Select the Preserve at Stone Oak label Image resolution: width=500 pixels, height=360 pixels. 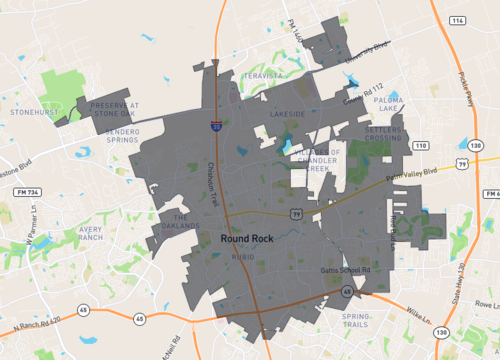(x=115, y=109)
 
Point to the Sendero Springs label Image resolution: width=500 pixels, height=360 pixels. (x=136, y=137)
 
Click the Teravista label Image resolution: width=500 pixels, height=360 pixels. (x=258, y=73)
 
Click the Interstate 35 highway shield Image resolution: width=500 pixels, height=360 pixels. (x=217, y=127)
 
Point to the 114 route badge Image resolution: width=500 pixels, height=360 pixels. (x=458, y=21)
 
